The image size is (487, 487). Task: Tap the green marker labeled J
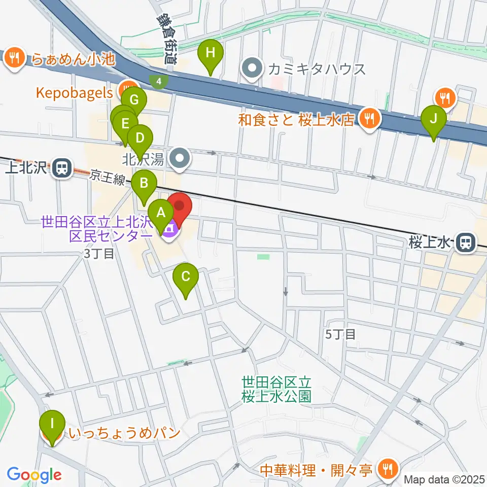(433, 120)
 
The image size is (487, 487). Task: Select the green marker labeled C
(186, 277)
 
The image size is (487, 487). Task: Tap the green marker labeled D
(140, 138)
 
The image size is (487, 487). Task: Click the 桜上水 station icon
(464, 243)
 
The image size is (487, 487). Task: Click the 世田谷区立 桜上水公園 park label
(276, 388)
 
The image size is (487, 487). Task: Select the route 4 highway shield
(159, 81)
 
